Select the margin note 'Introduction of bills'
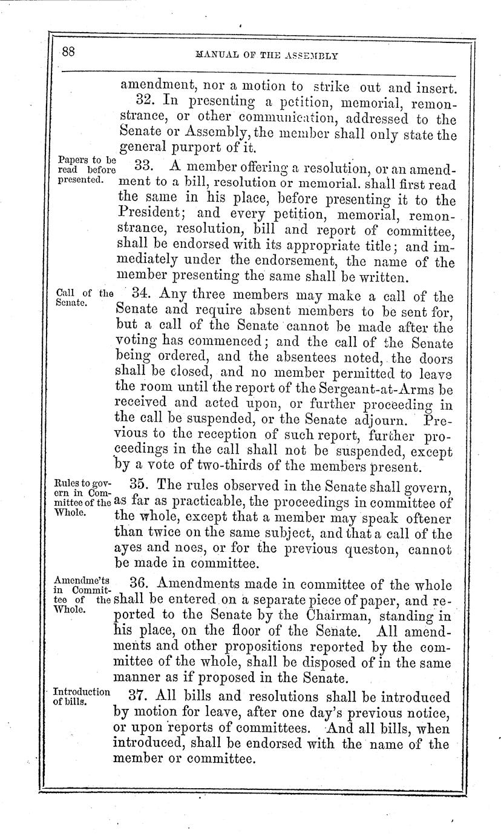81,697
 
